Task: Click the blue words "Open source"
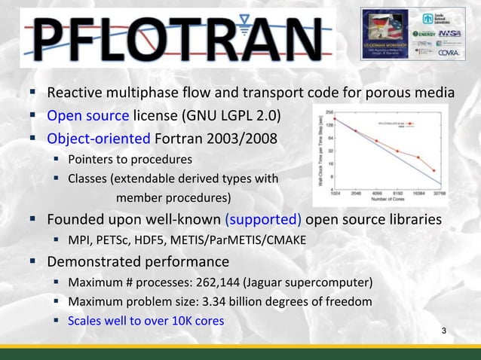click(88, 116)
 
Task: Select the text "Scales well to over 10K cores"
click(146, 320)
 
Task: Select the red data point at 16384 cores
click(418, 157)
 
